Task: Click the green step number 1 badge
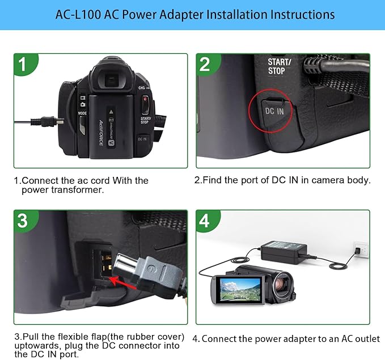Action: pos(22,65)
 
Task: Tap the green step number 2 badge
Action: pos(205,65)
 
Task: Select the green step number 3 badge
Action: pos(22,221)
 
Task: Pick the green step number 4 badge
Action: pos(205,221)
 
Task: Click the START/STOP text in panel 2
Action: pos(280,66)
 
